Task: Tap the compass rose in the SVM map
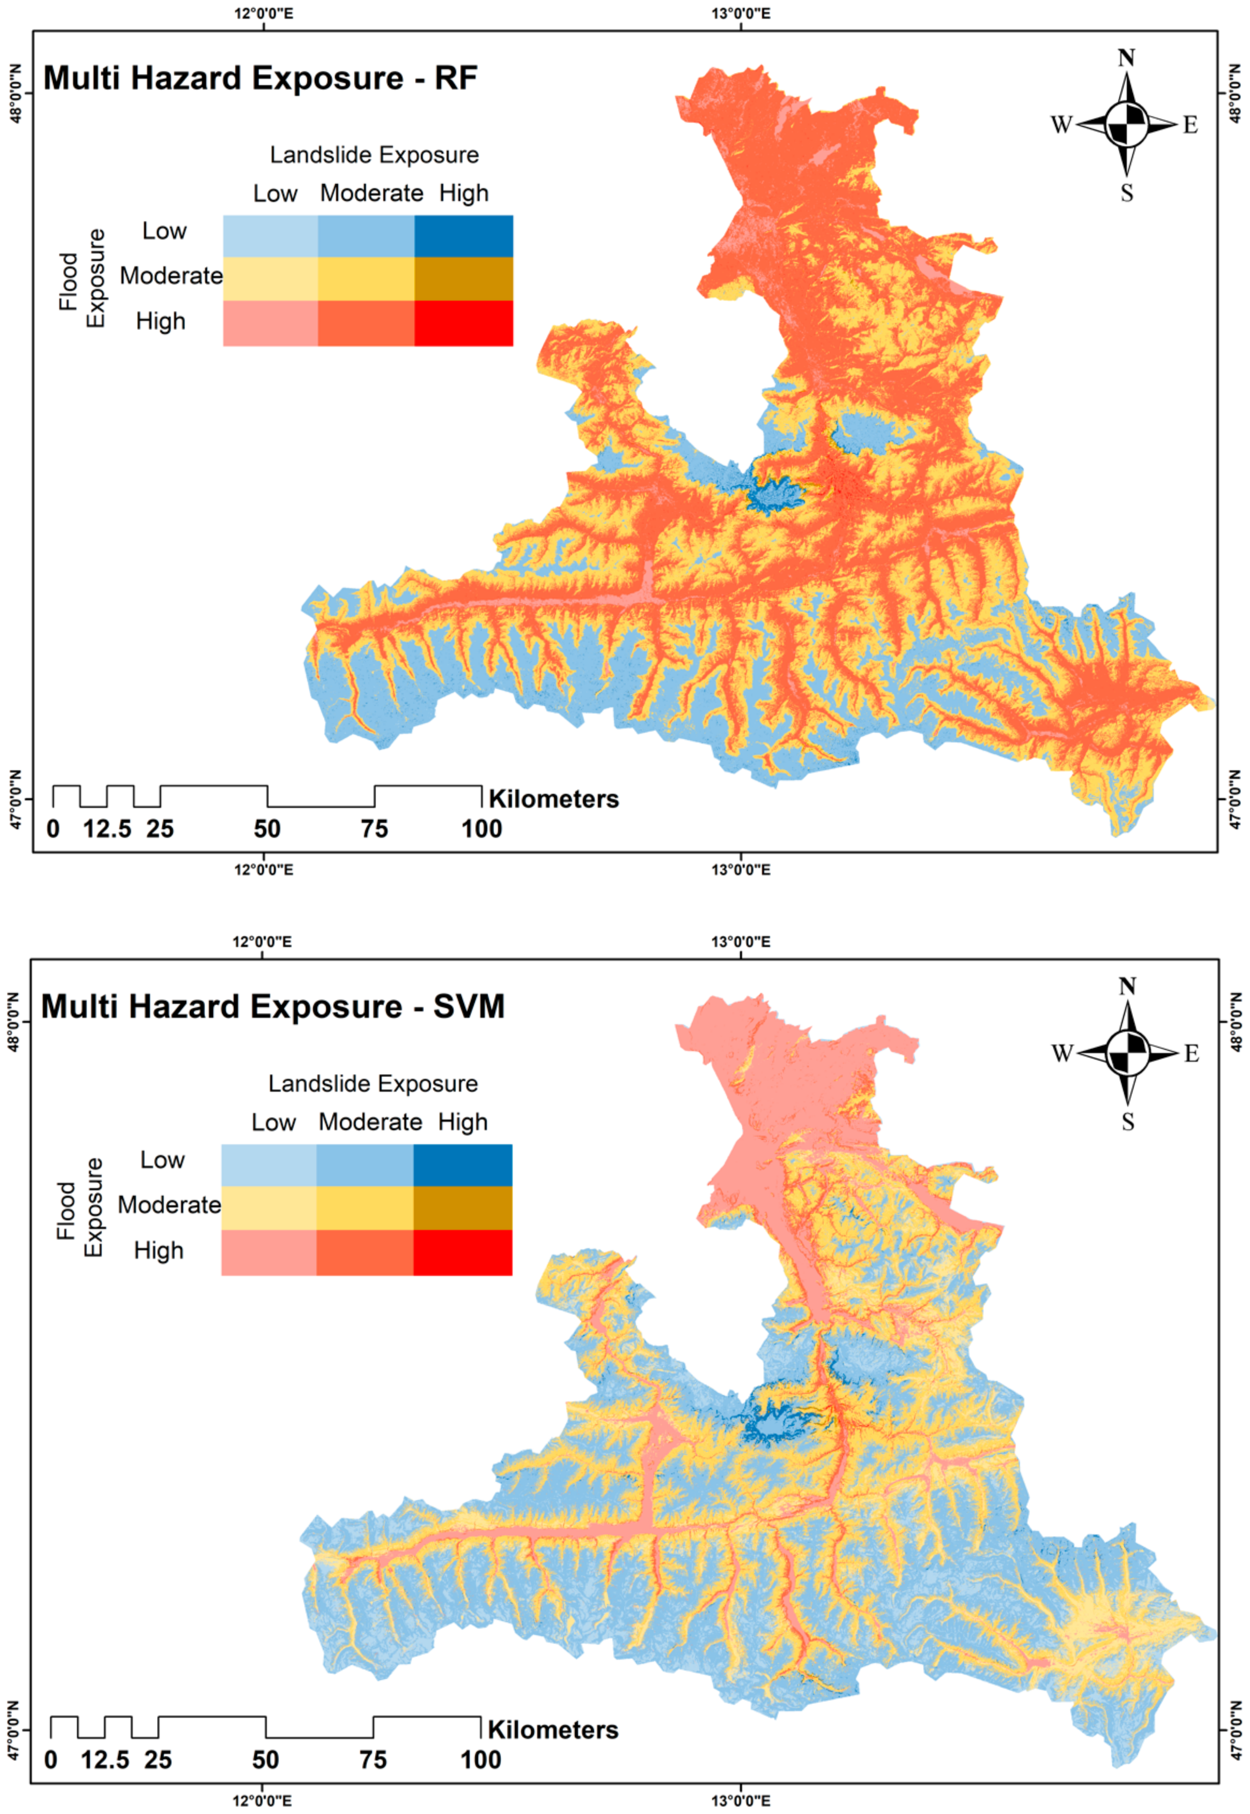(1127, 1053)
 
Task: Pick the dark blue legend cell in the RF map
(463, 236)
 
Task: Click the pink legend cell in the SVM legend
(269, 1252)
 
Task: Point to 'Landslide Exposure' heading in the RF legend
(374, 155)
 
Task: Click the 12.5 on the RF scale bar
(107, 829)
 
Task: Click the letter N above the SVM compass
(1127, 986)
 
